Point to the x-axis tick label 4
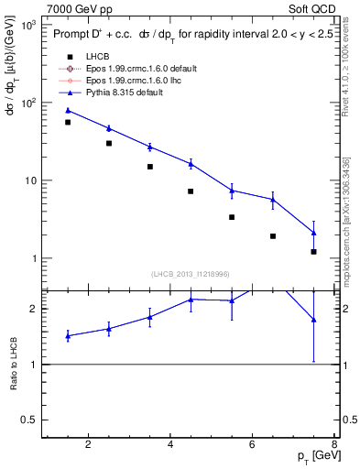point(171,446)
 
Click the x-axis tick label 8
point(336,446)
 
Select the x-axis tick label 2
point(88,446)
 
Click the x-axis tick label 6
point(254,446)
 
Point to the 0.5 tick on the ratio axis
point(31,420)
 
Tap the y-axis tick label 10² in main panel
point(29,103)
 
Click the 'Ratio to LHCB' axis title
point(14,365)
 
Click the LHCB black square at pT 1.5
point(68,122)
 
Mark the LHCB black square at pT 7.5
point(314,251)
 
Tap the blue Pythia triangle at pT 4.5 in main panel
point(191,164)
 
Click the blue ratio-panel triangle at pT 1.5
point(68,336)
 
